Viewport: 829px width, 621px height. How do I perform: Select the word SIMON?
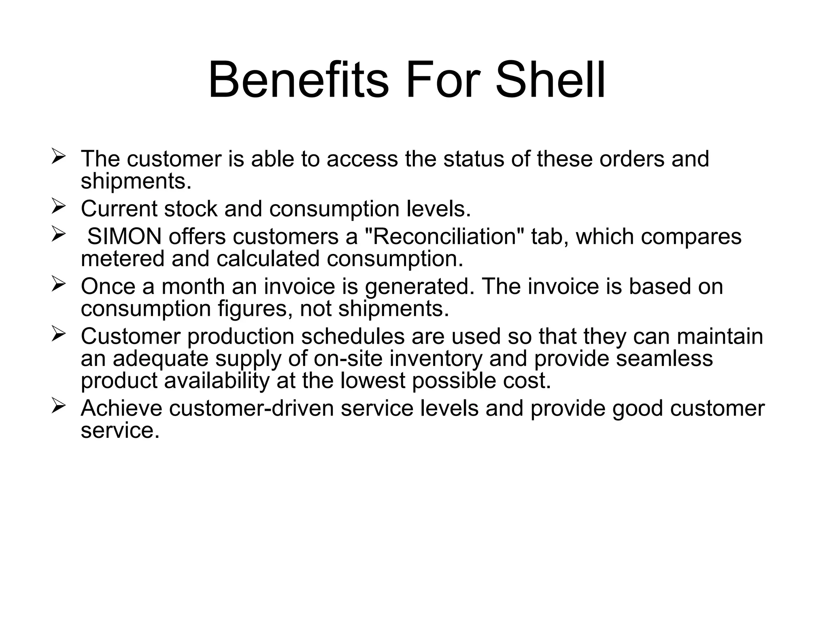(x=124, y=237)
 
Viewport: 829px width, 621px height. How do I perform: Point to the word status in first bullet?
(x=474, y=158)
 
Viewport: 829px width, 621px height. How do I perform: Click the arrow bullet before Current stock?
(x=59, y=207)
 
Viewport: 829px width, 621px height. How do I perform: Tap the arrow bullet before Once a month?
(x=59, y=284)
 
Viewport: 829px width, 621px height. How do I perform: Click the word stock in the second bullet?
(x=191, y=209)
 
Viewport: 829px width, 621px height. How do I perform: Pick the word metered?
(x=123, y=259)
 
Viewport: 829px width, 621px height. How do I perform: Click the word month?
(x=193, y=286)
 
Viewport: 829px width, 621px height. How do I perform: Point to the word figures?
(x=255, y=309)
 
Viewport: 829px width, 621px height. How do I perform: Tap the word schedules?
(x=353, y=336)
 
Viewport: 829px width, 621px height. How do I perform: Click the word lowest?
(x=372, y=381)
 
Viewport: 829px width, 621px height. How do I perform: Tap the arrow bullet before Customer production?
(x=59, y=334)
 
